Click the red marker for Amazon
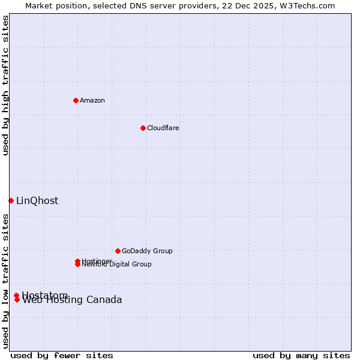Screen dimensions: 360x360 click(x=76, y=100)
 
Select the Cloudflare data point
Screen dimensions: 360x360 click(x=143, y=128)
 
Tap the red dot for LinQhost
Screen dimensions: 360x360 click(x=11, y=200)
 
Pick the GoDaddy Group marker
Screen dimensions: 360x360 click(x=118, y=251)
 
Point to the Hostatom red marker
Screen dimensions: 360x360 click(x=16, y=295)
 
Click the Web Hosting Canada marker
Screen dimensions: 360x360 click(x=17, y=300)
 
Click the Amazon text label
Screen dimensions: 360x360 click(x=92, y=100)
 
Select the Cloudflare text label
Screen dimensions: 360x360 click(x=163, y=128)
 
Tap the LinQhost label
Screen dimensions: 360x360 click(x=37, y=201)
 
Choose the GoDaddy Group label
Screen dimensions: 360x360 click(x=147, y=251)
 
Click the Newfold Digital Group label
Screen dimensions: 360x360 click(x=117, y=265)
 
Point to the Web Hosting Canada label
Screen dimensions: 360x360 click(x=72, y=301)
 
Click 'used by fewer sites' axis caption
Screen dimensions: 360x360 click(x=62, y=355)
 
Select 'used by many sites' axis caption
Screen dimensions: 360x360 click(x=301, y=355)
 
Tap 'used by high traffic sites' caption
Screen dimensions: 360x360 click(x=5, y=85)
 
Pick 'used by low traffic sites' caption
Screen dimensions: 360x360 click(x=5, y=281)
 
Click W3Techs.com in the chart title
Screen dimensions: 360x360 click(x=309, y=5)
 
